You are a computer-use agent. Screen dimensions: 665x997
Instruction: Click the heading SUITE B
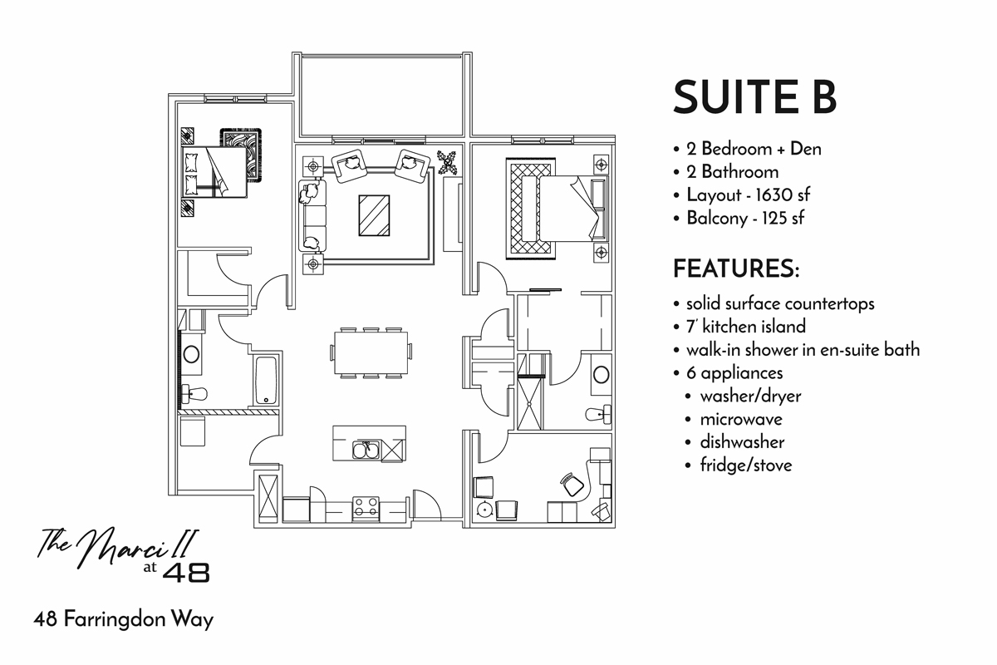click(x=754, y=97)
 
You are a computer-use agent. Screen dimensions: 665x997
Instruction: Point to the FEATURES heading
click(x=735, y=269)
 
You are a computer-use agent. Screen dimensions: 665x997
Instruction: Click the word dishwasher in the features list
click(x=741, y=442)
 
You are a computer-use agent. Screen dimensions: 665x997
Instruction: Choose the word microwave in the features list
click(x=740, y=420)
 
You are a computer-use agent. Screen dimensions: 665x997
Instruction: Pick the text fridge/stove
click(x=745, y=465)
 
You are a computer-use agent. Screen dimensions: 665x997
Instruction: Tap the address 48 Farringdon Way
click(x=124, y=620)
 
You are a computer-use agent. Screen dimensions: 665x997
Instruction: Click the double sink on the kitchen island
click(x=366, y=451)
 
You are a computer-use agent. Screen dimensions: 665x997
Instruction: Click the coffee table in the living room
click(x=374, y=215)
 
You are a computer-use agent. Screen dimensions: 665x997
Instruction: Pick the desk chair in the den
click(x=570, y=482)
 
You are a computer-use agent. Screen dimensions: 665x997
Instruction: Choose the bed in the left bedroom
click(x=214, y=173)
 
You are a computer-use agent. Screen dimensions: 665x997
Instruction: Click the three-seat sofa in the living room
click(x=313, y=216)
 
